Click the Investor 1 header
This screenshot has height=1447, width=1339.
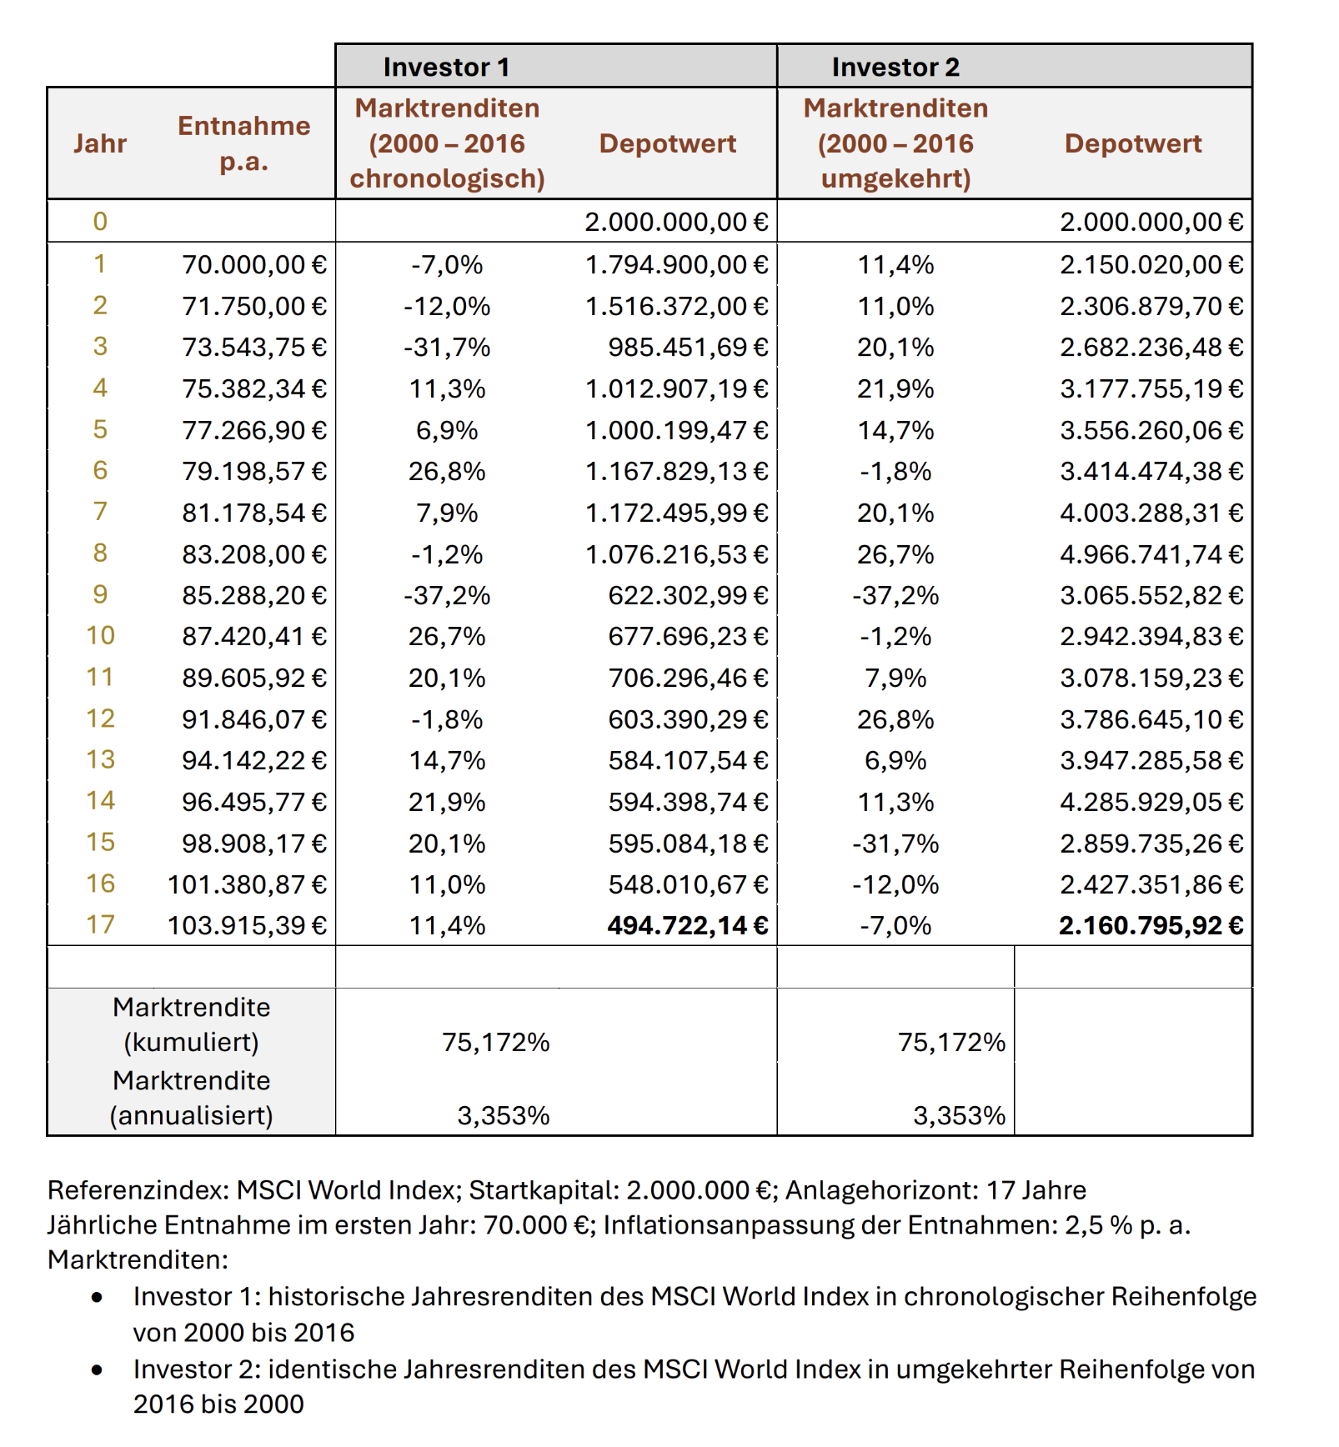(446, 67)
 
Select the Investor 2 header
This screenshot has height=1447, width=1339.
(895, 67)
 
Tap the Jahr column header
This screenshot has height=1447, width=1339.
(99, 143)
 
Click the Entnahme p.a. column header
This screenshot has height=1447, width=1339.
(243, 143)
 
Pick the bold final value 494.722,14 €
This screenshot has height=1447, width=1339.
(687, 925)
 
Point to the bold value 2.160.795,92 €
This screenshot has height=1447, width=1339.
(1151, 925)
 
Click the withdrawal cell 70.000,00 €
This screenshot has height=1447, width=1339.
(254, 265)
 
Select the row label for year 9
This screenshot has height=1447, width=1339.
(100, 595)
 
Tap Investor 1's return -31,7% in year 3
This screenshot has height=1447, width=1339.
(447, 348)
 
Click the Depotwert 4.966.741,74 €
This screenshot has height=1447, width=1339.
(1151, 554)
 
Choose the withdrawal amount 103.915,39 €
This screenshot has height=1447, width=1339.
(247, 925)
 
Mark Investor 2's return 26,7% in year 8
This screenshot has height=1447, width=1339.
(895, 554)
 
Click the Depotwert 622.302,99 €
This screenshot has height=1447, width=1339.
(687, 595)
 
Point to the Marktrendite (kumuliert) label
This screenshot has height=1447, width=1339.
(191, 1024)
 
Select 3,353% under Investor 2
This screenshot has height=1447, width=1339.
(959, 1115)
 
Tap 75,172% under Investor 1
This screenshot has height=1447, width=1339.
(495, 1042)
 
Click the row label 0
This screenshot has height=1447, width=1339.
(100, 222)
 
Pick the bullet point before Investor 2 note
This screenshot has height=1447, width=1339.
(98, 1369)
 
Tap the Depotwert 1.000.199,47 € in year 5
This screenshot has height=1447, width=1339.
(675, 430)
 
